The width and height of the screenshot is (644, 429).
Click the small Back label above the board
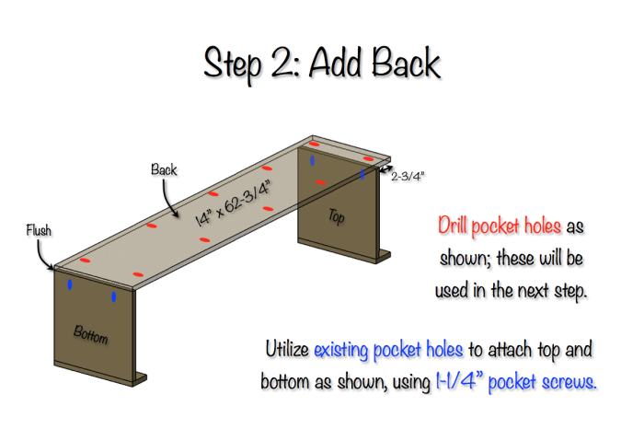point(165,170)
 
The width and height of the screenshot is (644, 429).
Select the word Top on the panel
point(337,216)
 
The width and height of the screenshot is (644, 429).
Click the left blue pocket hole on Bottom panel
point(70,284)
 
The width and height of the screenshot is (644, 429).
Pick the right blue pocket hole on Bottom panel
point(113,297)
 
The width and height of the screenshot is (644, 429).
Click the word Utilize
point(287,351)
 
